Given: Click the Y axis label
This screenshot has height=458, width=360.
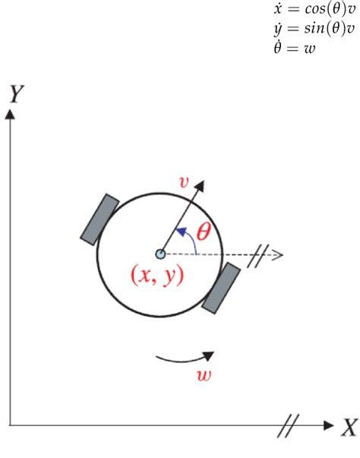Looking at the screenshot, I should point(15,94).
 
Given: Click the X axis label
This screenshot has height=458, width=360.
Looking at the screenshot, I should point(348,428).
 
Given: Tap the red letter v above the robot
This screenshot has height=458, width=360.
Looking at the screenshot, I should point(182,182).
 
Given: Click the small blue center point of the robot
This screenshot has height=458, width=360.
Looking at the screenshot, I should point(160,254).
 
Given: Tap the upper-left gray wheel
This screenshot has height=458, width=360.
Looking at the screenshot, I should point(100,219).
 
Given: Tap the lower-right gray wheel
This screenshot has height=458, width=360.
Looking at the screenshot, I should point(221,288).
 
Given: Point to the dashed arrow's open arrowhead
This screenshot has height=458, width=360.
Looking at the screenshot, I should point(277,254).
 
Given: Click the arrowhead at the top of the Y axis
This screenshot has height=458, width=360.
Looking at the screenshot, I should point(11,113).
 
